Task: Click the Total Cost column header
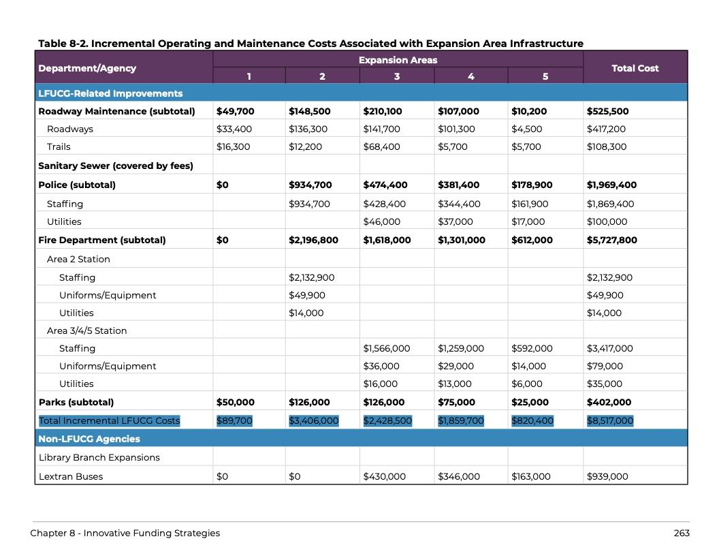[x=635, y=68]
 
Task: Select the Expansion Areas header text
[x=398, y=60]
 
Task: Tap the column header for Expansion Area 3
[x=396, y=76]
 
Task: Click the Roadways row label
[x=70, y=129]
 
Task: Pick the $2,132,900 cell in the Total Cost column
[x=609, y=277]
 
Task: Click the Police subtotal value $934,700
[x=310, y=185]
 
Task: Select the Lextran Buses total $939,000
[x=607, y=476]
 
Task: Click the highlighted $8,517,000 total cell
[x=609, y=420]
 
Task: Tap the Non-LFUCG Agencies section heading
[x=89, y=439]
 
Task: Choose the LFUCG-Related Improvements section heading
[x=110, y=93]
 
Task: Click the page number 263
[x=682, y=533]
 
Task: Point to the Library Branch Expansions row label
[x=99, y=457]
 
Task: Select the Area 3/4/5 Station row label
[x=86, y=330]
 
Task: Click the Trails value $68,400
[x=381, y=146]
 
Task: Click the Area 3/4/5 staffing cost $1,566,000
[x=386, y=348]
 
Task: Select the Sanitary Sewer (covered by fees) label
[x=116, y=166]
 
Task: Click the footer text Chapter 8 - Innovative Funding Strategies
[x=125, y=533]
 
